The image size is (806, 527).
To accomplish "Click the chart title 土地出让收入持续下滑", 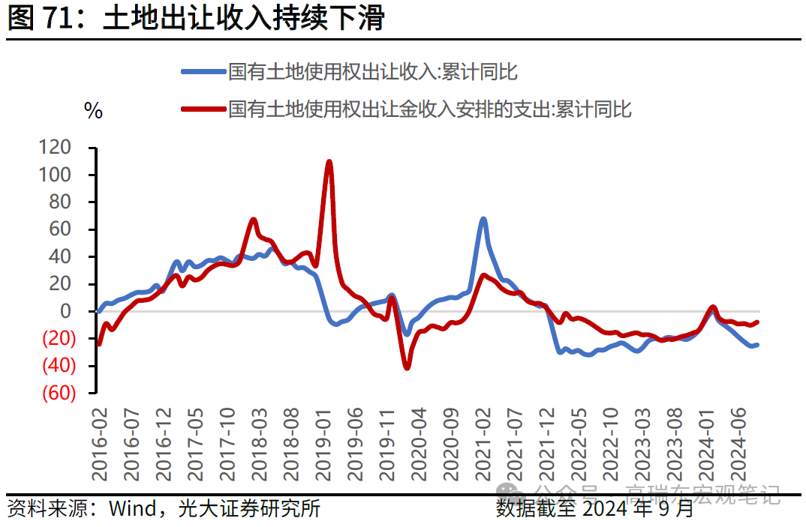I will pyautogui.click(x=244, y=18).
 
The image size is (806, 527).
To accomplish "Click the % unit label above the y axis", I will pyautogui.click(x=93, y=112).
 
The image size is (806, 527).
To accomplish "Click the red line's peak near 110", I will pyautogui.click(x=329, y=161).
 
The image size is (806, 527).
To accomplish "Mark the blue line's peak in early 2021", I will pyautogui.click(x=483, y=219).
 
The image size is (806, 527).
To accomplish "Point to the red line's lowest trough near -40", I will pyautogui.click(x=407, y=367).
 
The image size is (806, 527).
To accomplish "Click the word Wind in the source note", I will pyautogui.click(x=129, y=509).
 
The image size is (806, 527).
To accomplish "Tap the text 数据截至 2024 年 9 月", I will pyautogui.click(x=595, y=510).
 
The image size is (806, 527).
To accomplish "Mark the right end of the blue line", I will pyautogui.click(x=756, y=345).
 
